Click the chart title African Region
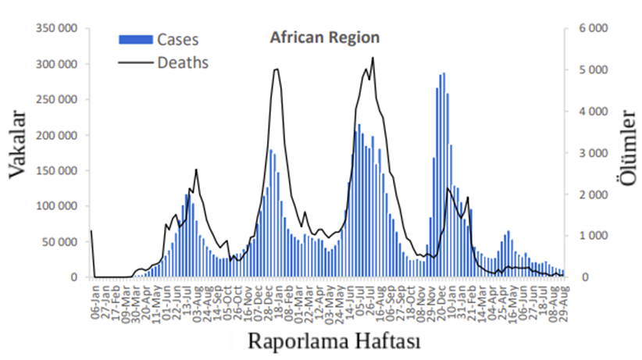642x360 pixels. point(325,37)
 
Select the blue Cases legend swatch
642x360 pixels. point(134,39)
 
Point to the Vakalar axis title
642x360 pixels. point(20,145)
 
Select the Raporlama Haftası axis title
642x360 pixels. point(335,340)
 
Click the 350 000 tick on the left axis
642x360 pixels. point(57,28)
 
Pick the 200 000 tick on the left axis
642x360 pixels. point(57,135)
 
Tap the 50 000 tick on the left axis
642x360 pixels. point(60,242)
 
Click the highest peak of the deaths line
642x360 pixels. point(373,57)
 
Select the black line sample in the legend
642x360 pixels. point(134,62)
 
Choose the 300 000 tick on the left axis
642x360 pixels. point(57,64)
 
